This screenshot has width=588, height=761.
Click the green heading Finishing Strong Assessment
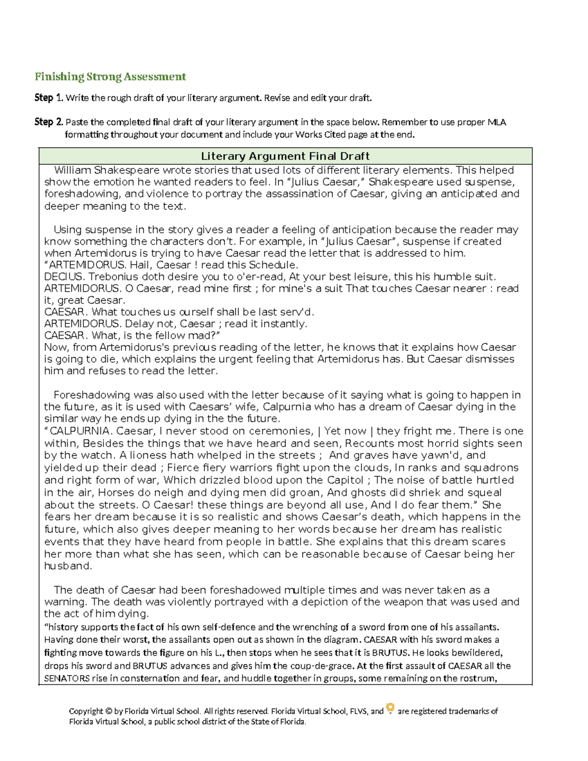[x=110, y=76]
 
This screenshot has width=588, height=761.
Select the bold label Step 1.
[x=49, y=98]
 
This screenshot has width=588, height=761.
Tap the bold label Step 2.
[x=49, y=122]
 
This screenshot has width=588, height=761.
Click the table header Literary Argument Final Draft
[x=285, y=156]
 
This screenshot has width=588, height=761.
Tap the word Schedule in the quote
[x=272, y=265]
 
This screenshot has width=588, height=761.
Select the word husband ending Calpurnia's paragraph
[x=67, y=566]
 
